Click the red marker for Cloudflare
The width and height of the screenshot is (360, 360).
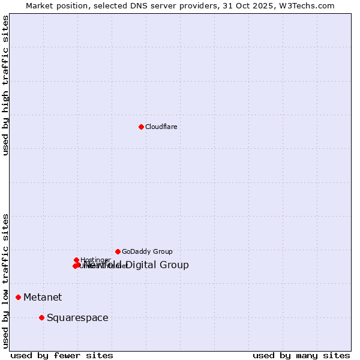click(x=141, y=127)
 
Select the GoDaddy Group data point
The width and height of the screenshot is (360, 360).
click(x=118, y=251)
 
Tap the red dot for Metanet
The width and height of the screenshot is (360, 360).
click(x=19, y=297)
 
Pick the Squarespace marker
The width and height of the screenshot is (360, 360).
click(x=41, y=317)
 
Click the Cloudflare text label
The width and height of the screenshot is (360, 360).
click(x=161, y=127)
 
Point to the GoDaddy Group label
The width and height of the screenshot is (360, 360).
click(x=147, y=251)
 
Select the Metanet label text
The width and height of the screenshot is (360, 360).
click(x=43, y=297)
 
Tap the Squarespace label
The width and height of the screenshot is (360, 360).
click(x=77, y=317)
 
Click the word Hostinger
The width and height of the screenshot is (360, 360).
click(x=95, y=260)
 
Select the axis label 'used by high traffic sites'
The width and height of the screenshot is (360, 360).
click(x=6, y=85)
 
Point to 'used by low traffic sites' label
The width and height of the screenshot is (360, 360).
click(x=6, y=280)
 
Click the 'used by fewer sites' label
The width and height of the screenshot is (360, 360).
click(x=62, y=355)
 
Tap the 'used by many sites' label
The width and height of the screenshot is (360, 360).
click(x=301, y=355)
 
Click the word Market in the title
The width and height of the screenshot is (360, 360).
click(x=40, y=5)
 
